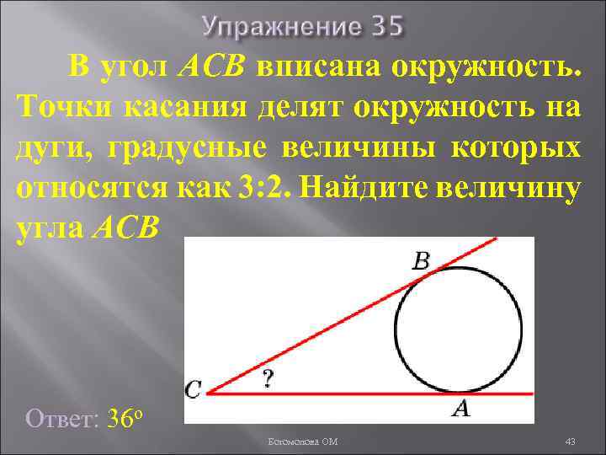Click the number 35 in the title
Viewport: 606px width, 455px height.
tap(387, 28)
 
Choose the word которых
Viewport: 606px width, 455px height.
tap(515, 148)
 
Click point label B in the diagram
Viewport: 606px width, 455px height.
tap(421, 261)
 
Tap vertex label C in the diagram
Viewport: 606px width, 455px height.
tap(194, 389)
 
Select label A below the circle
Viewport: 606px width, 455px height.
tap(460, 409)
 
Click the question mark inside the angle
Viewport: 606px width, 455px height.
tap(268, 379)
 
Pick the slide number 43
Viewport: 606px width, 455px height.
tap(570, 442)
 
